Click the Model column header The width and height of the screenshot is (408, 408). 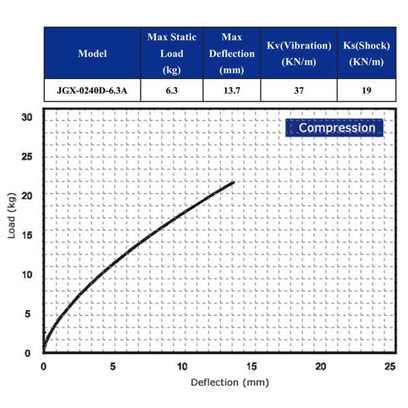[x=92, y=54]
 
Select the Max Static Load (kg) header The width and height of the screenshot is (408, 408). [x=171, y=54]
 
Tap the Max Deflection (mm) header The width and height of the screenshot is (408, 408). [x=231, y=54]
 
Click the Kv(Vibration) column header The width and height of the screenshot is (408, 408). [x=299, y=54]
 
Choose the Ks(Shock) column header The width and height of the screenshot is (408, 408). [x=367, y=54]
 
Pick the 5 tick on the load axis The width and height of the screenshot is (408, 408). [x=28, y=314]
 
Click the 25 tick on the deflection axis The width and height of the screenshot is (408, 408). [x=390, y=366]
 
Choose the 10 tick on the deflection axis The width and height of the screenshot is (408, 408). [x=182, y=366]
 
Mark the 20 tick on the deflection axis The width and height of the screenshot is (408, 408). [x=321, y=366]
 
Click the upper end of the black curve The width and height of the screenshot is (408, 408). [x=233, y=182]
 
